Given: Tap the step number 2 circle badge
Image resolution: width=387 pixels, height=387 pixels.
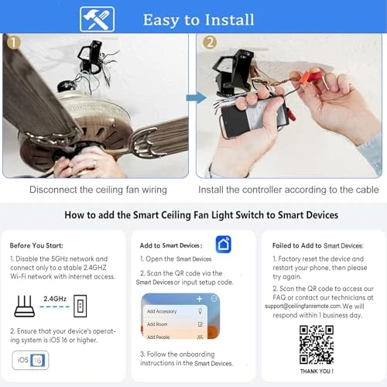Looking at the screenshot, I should tap(209, 43).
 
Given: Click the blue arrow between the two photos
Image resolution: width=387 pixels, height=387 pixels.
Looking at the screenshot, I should tap(195, 98).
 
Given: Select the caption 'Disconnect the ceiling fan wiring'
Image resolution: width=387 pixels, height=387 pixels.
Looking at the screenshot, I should tap(98, 189).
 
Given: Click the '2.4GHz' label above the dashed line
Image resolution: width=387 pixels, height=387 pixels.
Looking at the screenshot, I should tap(55, 297).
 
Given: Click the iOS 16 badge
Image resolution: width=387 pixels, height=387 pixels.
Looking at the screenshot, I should tap(30, 360).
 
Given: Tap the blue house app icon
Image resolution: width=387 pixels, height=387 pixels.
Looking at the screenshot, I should tap(224, 245).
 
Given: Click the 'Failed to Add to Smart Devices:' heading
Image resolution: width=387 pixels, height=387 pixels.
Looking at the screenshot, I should tap(317, 245).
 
